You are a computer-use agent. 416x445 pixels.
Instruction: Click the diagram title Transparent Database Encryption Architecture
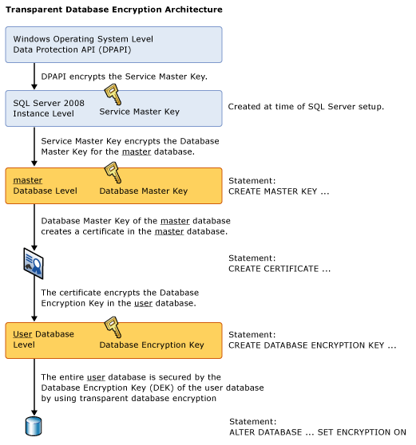click(x=114, y=10)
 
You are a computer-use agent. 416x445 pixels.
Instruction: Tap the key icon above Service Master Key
click(x=113, y=94)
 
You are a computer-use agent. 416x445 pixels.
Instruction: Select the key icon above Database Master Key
click(x=113, y=172)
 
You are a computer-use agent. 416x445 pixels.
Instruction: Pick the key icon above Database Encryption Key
click(x=113, y=327)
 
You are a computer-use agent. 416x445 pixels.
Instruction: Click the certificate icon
click(x=34, y=263)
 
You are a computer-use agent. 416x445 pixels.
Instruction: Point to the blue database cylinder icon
click(x=34, y=427)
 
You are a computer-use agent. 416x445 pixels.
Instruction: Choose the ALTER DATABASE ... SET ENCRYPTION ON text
click(x=318, y=432)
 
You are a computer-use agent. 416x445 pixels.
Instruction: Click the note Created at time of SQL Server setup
click(x=306, y=107)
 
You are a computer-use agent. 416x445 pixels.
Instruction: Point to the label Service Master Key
click(x=139, y=112)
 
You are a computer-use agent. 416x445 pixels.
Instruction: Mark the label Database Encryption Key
click(x=152, y=345)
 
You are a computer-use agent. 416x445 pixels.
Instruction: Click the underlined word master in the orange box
click(x=28, y=180)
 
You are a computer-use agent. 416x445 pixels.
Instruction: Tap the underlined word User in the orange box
click(x=22, y=334)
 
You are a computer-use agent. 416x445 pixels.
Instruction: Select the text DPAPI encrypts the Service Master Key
click(x=125, y=77)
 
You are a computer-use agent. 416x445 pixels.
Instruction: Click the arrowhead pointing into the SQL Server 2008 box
click(x=34, y=87)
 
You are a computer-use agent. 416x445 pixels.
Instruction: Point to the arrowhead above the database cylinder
click(x=34, y=412)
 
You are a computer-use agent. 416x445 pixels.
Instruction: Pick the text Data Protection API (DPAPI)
click(x=72, y=50)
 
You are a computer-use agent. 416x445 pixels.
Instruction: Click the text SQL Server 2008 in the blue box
click(x=49, y=103)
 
